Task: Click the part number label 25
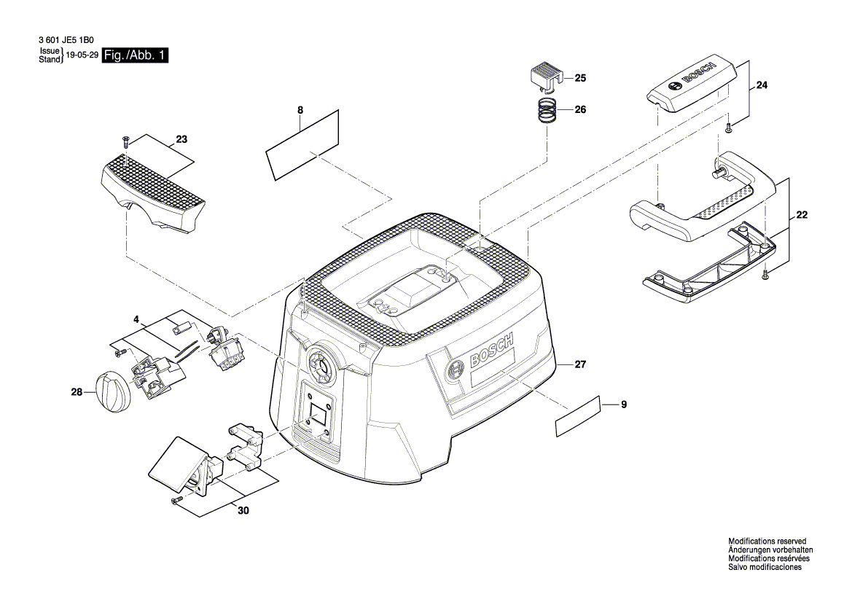(x=580, y=78)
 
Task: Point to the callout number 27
(x=580, y=364)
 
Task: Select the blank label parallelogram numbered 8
(x=302, y=144)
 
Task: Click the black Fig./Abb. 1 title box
(x=135, y=55)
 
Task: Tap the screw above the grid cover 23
(x=125, y=140)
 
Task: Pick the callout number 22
(x=802, y=215)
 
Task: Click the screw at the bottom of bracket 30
(x=176, y=500)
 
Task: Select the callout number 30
(x=243, y=511)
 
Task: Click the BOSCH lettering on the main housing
(x=491, y=353)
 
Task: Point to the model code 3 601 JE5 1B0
(x=66, y=40)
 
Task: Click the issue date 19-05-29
(x=82, y=55)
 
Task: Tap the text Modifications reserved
(x=767, y=542)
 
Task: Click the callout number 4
(x=136, y=319)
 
